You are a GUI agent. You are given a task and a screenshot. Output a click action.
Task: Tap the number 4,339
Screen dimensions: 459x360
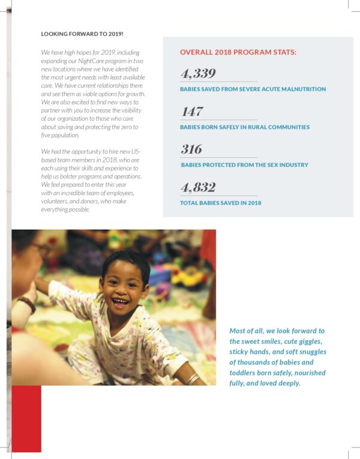tap(198, 74)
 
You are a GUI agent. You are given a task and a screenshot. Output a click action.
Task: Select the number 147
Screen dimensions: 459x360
tap(192, 112)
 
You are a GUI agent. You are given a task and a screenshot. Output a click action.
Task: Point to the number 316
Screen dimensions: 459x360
tap(191, 149)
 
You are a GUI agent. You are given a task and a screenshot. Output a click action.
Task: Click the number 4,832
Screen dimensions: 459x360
tap(198, 188)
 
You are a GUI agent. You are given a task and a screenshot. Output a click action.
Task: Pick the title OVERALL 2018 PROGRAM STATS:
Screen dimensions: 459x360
tap(238, 52)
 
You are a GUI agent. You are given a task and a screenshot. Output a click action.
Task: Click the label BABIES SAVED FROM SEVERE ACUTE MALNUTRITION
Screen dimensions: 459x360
tap(253, 89)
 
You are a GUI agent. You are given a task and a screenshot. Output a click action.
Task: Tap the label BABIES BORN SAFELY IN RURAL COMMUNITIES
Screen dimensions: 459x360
tap(245, 127)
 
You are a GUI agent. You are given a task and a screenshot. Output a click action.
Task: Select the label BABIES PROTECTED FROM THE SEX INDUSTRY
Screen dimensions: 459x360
tap(244, 165)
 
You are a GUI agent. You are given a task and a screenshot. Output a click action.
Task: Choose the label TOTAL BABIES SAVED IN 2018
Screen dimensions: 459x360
tap(220, 203)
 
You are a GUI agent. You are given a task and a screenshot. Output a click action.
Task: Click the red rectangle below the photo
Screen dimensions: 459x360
tap(26, 418)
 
